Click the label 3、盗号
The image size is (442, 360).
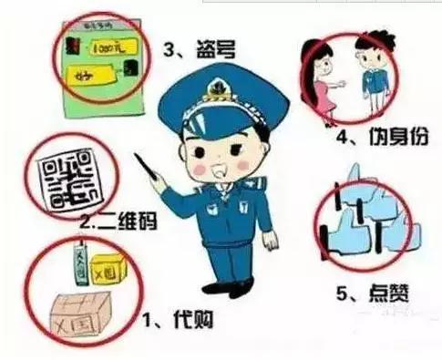(199, 51)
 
